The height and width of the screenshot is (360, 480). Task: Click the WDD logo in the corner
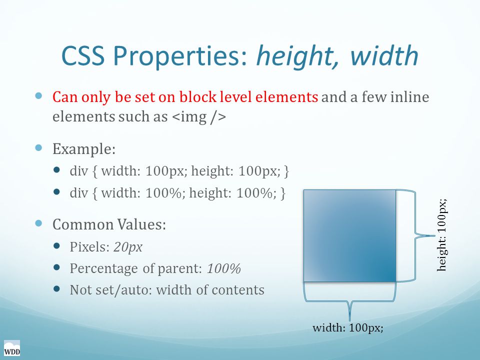[12, 348]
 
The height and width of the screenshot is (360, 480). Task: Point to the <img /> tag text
[199, 116]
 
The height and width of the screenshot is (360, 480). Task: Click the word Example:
[84, 149]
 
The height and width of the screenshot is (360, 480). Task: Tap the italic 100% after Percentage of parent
[224, 268]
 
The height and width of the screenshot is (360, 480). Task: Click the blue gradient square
[349, 235]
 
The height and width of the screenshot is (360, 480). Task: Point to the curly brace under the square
[349, 301]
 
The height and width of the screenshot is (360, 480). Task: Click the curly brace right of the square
[415, 235]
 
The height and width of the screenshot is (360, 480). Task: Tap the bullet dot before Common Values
[38, 223]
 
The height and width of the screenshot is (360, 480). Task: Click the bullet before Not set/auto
[56, 288]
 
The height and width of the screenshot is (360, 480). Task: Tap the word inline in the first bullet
[410, 96]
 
